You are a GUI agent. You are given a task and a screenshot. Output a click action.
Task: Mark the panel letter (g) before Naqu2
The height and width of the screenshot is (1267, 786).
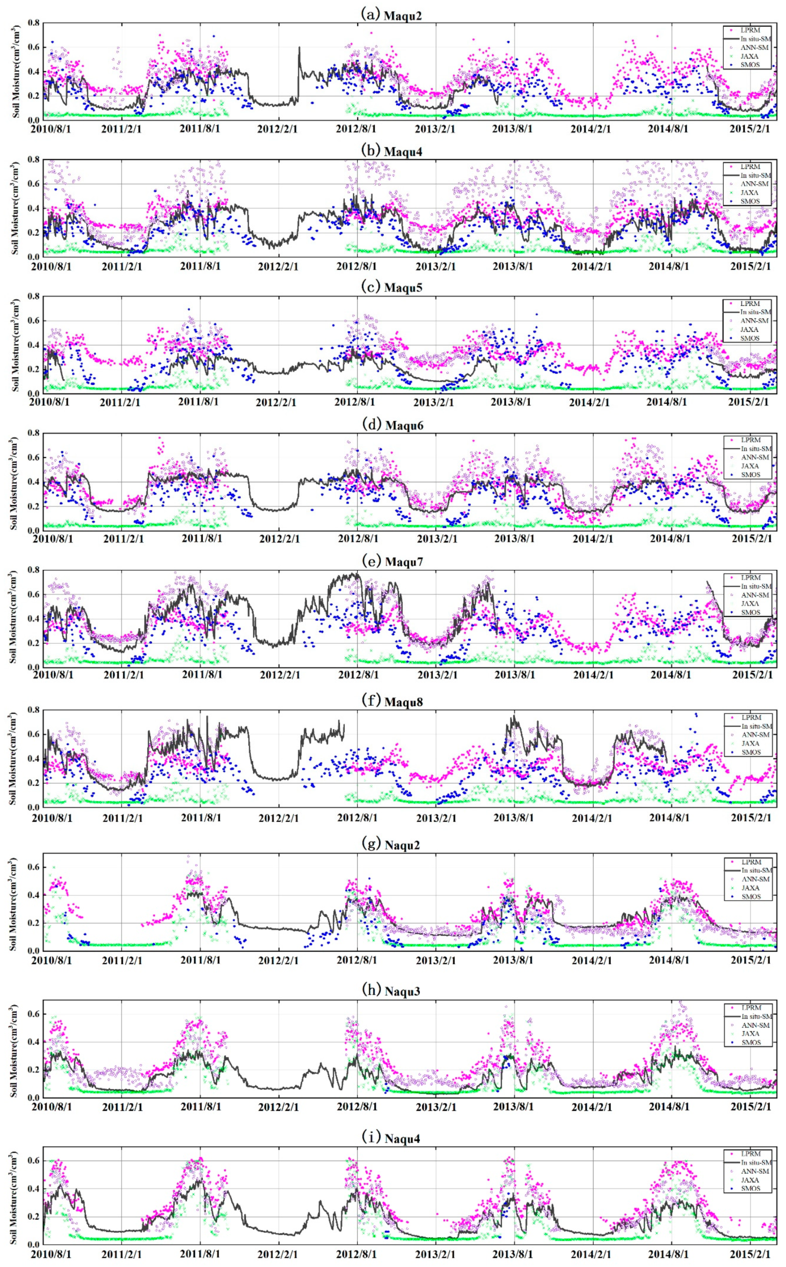(370, 844)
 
